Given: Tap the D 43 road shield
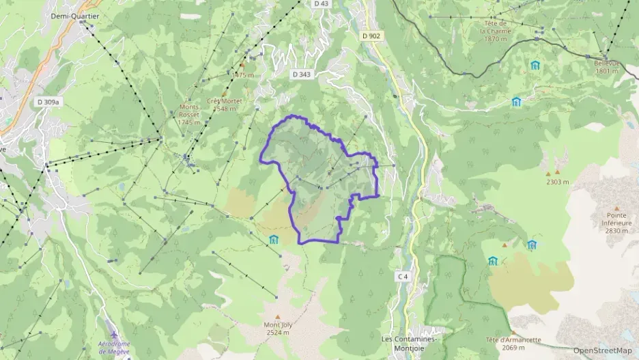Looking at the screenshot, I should click(322, 4).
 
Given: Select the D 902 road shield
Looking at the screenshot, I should click(371, 36).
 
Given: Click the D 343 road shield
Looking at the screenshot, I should click(301, 74).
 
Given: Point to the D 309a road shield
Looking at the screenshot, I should click(48, 102).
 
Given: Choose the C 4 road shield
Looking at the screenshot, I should click(403, 277).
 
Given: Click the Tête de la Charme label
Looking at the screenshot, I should click(495, 31).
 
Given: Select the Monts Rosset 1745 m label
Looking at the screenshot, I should click(189, 114).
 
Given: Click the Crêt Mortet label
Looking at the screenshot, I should click(227, 100).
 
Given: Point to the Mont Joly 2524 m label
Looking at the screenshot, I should click(278, 329).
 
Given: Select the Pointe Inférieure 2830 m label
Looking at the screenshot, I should click(616, 223).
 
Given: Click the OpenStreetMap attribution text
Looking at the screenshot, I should click(601, 350).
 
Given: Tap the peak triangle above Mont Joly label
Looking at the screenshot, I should click(277, 316).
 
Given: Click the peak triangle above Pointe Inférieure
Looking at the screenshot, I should click(616, 209).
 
